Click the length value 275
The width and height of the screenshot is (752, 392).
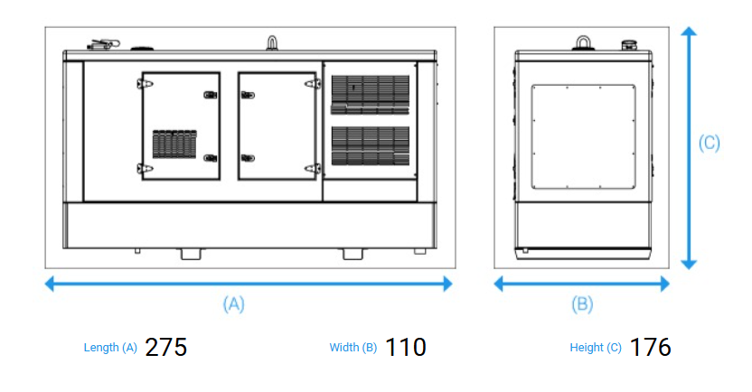[166, 347]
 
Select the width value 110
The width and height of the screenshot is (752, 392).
[405, 347]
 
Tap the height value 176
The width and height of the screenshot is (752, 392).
[650, 347]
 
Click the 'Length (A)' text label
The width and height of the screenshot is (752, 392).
[110, 348]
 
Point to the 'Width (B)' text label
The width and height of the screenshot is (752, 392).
[353, 348]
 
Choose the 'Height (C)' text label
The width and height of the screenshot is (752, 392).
[596, 348]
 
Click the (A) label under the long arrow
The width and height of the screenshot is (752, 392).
[234, 304]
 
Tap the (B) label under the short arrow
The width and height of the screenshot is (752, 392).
[583, 304]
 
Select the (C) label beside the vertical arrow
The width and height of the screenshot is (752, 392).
[710, 143]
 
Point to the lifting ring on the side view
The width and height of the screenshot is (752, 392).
[584, 41]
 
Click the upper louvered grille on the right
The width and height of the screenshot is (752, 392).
[370, 94]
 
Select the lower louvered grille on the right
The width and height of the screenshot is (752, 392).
[370, 145]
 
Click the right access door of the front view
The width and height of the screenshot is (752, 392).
[277, 126]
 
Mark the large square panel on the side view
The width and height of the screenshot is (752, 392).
[584, 137]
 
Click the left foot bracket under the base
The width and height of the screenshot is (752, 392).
[191, 253]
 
